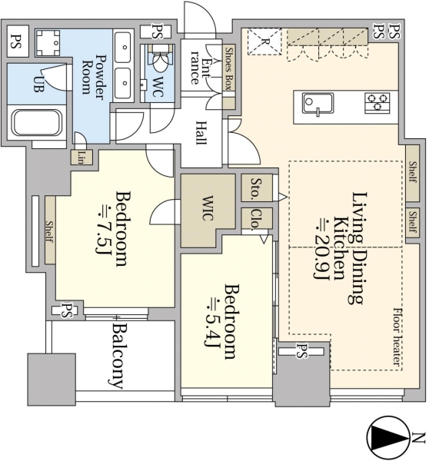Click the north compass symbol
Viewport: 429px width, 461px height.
pyautogui.click(x=387, y=437)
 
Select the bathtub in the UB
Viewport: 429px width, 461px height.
pyautogui.click(x=36, y=123)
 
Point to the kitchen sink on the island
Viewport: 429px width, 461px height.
pyautogui.click(x=318, y=104)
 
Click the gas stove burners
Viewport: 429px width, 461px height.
pyautogui.click(x=377, y=103)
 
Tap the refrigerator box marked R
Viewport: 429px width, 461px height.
pyautogui.click(x=264, y=41)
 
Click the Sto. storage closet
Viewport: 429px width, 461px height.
pyautogui.click(x=257, y=188)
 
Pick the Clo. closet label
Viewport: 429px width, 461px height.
pyautogui.click(x=257, y=219)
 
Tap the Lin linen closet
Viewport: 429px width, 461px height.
pyautogui.click(x=81, y=158)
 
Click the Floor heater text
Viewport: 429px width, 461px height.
pyautogui.click(x=398, y=337)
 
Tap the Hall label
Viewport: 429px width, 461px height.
pyautogui.click(x=201, y=133)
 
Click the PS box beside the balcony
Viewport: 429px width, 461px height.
pyautogui.click(x=65, y=310)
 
